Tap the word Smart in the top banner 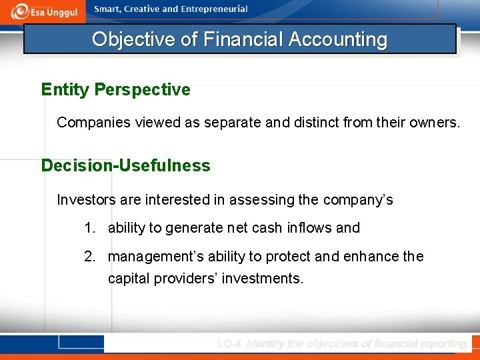click(107, 9)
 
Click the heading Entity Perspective click(115, 89)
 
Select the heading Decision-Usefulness click(125, 165)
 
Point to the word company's click(358, 199)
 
